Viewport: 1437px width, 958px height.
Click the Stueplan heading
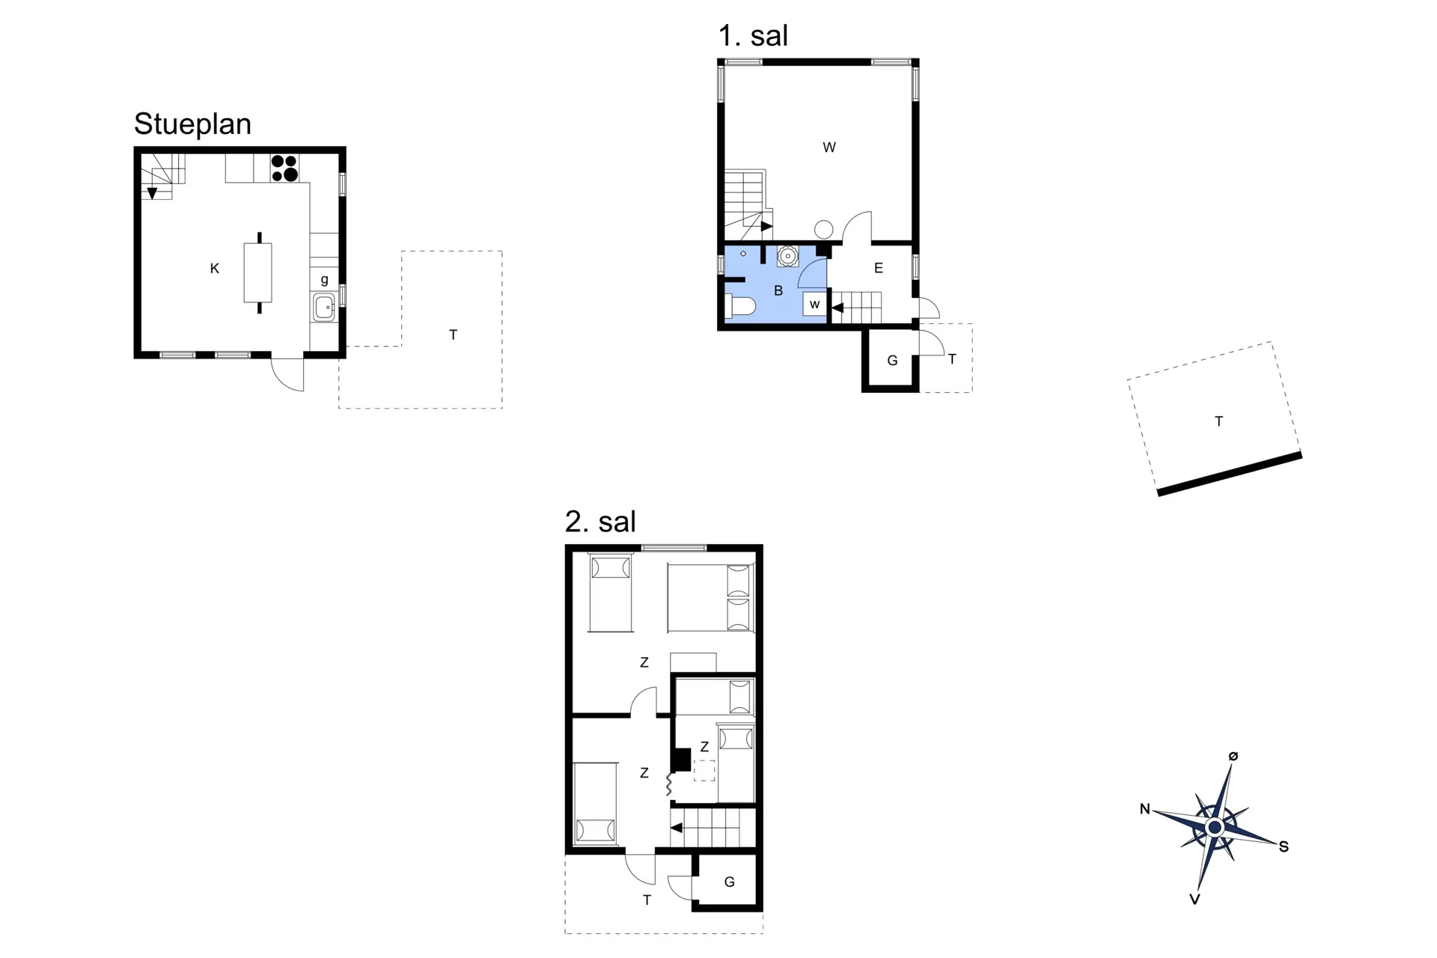192,124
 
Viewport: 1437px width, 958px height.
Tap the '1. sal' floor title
753,36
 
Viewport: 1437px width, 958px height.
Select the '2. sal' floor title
600,522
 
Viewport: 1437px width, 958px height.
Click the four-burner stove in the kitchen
284,168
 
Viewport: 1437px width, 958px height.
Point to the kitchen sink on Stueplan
324,308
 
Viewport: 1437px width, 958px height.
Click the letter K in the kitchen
215,269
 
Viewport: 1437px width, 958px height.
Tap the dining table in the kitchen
258,272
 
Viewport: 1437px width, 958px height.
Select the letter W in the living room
829,147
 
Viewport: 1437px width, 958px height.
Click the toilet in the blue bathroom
741,307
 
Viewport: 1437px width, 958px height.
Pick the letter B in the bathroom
778,290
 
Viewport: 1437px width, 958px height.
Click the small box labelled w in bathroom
814,304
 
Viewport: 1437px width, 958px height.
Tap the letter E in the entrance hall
879,268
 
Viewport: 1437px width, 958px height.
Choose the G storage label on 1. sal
892,361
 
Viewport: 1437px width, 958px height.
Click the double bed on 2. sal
710,598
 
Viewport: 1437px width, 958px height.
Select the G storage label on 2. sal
730,882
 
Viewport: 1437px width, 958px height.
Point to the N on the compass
1145,808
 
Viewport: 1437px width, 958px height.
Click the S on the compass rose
1284,846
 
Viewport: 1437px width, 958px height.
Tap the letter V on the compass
1195,899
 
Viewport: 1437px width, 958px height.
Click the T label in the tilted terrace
1218,421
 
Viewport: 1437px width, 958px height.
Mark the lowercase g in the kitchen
324,280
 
